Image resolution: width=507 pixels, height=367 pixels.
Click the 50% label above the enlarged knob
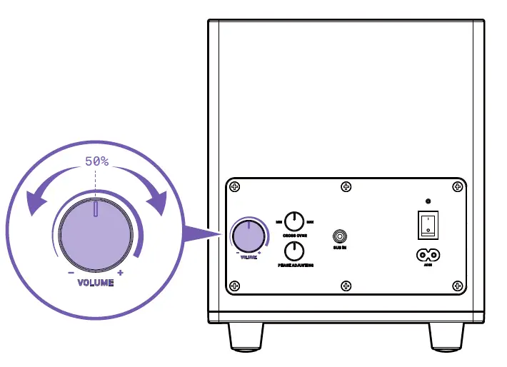tap(96, 161)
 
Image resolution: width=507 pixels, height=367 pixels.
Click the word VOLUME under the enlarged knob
tap(95, 283)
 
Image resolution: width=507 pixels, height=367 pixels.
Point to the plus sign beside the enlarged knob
tap(120, 273)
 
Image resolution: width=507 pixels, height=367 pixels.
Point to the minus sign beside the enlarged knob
tap(71, 273)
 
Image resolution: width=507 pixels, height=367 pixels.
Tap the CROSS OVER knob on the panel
tap(293, 222)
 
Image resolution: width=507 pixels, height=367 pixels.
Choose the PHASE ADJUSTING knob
tap(293, 251)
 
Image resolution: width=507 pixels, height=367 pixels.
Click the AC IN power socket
tap(428, 254)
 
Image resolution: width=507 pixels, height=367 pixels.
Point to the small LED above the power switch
tap(428, 201)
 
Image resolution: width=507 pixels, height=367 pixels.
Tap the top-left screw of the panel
tap(235, 187)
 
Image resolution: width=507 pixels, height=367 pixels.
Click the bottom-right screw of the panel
tap(457, 286)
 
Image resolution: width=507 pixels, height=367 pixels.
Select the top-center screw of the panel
tap(346, 187)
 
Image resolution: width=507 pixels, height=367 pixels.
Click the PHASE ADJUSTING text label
tap(295, 265)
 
